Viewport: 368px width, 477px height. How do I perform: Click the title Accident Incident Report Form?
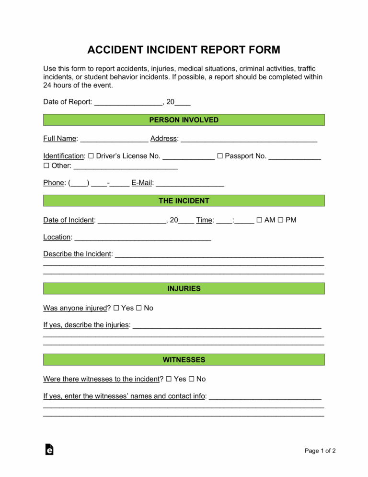click(184, 50)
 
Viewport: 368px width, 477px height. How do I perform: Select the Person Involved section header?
click(184, 120)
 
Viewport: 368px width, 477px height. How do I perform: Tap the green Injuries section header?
click(184, 288)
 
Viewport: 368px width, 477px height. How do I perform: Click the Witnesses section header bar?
click(184, 359)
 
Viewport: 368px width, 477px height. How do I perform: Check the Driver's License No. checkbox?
click(92, 156)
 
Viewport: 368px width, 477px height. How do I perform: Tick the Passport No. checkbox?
click(220, 156)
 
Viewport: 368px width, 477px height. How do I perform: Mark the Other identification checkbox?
click(46, 166)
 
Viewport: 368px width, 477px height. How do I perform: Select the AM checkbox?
click(259, 220)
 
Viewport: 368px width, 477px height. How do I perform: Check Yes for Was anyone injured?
click(116, 308)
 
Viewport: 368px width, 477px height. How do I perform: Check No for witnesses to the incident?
click(191, 379)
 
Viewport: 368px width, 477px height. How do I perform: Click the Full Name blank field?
click(114, 139)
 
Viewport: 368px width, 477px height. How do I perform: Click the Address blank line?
click(249, 139)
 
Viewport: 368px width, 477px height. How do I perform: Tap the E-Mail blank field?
click(190, 183)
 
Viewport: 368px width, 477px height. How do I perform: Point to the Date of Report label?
click(67, 102)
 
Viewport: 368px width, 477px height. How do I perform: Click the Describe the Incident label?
click(77, 254)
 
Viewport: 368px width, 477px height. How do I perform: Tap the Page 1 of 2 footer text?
click(320, 451)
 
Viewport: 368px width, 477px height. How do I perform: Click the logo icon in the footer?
click(49, 449)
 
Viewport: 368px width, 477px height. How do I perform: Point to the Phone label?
click(54, 183)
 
